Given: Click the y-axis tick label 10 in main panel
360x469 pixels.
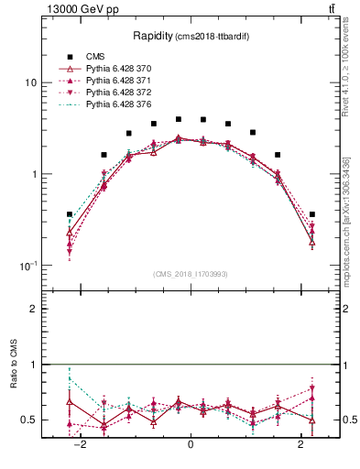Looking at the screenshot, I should (x=30, y=82).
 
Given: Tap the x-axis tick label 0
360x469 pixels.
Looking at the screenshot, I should (x=191, y=444).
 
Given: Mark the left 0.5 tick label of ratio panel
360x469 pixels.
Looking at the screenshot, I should (x=30, y=420).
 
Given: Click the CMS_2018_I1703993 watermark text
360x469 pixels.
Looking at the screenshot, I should (x=191, y=274).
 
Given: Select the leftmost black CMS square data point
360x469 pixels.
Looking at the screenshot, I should (x=70, y=214).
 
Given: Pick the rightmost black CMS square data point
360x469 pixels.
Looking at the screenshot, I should (x=312, y=214).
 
